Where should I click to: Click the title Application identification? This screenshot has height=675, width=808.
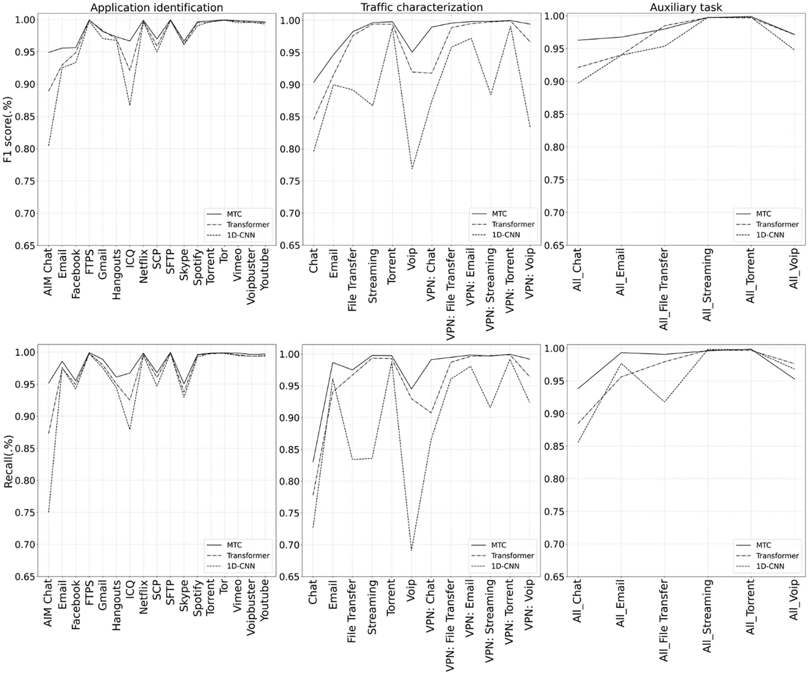157,8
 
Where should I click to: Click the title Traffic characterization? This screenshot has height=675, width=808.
422,7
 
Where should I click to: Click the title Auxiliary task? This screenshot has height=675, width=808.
686,7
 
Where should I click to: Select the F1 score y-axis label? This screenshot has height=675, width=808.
8,130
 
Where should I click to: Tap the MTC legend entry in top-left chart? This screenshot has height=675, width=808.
234,214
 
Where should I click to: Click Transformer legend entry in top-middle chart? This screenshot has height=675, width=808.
513,224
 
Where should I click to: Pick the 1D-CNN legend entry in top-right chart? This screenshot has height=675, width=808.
770,235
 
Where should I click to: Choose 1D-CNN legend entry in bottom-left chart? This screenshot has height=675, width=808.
241,566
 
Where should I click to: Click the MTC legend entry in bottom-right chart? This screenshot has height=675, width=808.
763,545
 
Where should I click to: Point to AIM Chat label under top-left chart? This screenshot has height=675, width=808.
48,272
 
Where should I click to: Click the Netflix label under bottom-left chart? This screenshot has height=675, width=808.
144,597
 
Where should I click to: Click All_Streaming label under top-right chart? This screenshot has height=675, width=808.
707,285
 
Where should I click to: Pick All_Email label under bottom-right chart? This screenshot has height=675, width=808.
620,603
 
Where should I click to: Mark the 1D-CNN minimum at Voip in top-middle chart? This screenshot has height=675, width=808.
412,169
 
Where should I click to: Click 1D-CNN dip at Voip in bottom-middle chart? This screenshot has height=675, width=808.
412,550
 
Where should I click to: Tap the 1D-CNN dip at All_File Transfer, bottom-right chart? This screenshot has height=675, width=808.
664,402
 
